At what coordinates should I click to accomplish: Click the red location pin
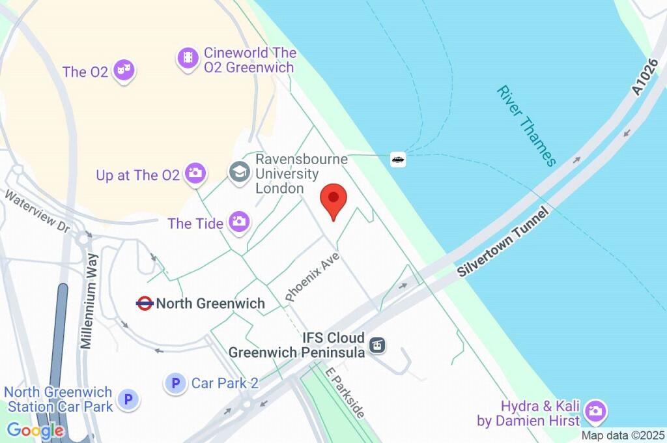point(334,199)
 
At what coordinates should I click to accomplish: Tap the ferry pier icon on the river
point(398,158)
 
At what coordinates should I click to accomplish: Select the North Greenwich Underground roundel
point(145,303)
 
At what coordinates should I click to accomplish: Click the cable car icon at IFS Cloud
point(377,345)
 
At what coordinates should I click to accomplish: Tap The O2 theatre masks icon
point(123,70)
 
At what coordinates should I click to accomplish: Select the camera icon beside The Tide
point(239,222)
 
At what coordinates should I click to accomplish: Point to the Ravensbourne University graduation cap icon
point(240,173)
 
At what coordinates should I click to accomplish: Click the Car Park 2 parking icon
point(175,383)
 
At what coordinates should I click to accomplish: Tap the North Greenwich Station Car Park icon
point(128,399)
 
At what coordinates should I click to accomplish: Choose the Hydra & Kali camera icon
point(595,410)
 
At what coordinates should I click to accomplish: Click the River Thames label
point(526,125)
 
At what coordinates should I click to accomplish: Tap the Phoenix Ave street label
point(313,277)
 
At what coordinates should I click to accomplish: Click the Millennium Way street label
point(90,300)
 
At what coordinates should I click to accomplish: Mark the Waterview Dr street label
point(36,210)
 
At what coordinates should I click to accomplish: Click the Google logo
point(36,431)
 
